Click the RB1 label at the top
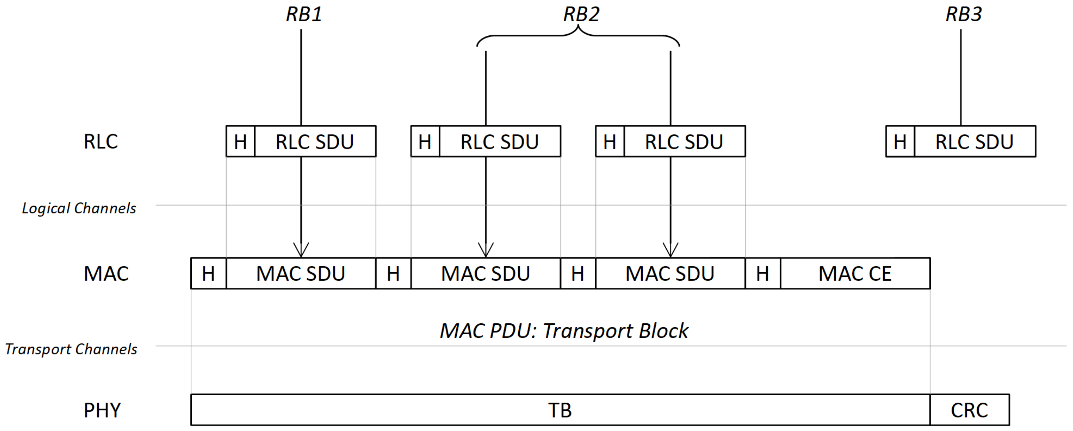click(304, 14)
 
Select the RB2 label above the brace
click(581, 14)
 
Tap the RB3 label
click(963, 14)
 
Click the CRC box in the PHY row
click(969, 410)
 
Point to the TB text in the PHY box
click(559, 410)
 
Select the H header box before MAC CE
click(762, 274)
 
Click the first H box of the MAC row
click(208, 274)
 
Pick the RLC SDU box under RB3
click(974, 142)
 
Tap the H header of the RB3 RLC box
click(900, 142)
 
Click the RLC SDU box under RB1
click(315, 142)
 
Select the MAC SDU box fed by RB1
click(301, 274)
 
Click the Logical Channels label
click(79, 208)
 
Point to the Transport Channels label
click(71, 349)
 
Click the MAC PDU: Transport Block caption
click(563, 331)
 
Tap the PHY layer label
click(102, 410)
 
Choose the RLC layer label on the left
click(100, 142)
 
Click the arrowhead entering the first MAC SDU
click(301, 250)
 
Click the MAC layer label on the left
click(106, 274)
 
